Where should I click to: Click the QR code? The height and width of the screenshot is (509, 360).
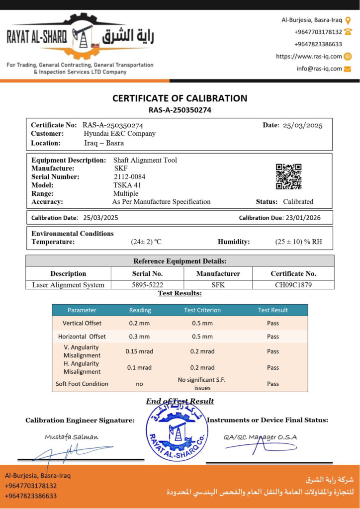pyautogui.click(x=288, y=176)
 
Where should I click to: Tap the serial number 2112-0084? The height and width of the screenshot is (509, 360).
pyautogui.click(x=129, y=176)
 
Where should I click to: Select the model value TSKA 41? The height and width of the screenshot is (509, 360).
pyautogui.click(x=127, y=185)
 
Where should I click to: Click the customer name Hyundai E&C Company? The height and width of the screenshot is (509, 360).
pyautogui.click(x=119, y=133)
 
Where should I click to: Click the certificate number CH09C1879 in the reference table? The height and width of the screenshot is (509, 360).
pyautogui.click(x=293, y=285)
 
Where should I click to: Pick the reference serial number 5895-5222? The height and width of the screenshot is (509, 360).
pyautogui.click(x=147, y=285)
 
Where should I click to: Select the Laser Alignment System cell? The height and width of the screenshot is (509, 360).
pyautogui.click(x=68, y=285)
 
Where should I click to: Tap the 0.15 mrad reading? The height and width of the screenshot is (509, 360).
pyautogui.click(x=139, y=351)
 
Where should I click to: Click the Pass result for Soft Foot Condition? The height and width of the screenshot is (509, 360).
pyautogui.click(x=272, y=384)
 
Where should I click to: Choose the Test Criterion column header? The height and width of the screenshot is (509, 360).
pyautogui.click(x=202, y=310)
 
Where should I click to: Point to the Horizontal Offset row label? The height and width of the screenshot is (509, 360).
pyautogui.click(x=82, y=337)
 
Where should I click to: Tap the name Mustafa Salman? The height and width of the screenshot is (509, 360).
pyautogui.click(x=72, y=437)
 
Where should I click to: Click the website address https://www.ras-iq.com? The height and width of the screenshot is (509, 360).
pyautogui.click(x=309, y=57)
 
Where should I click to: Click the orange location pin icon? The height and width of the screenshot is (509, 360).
pyautogui.click(x=348, y=20)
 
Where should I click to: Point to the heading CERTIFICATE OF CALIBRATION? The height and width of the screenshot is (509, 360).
pyautogui.click(x=180, y=98)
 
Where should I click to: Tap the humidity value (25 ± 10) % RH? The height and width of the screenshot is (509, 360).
pyautogui.click(x=298, y=242)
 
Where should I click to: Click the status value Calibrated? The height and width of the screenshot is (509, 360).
pyautogui.click(x=298, y=202)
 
